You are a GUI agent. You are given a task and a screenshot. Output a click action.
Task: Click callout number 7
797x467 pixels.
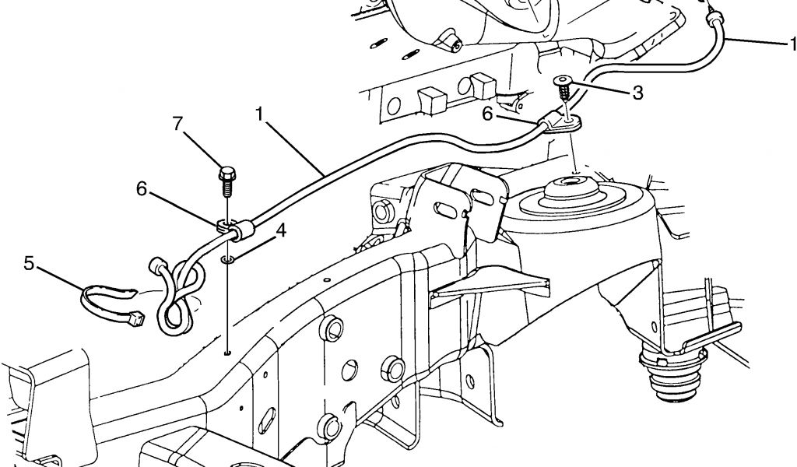[x=178, y=124]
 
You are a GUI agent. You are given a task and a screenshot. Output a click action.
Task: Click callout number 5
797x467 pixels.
[x=29, y=263]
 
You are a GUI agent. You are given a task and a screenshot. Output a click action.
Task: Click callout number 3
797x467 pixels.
[x=637, y=93]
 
